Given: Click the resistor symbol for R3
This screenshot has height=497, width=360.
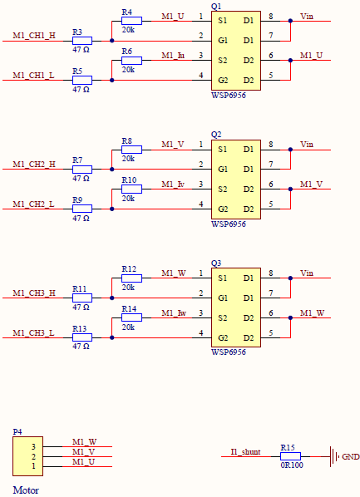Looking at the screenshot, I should pyautogui.click(x=81, y=40).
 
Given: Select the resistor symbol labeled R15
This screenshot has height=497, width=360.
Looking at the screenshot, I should pyautogui.click(x=289, y=456).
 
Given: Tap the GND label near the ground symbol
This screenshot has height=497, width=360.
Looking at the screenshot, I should pyautogui.click(x=351, y=456).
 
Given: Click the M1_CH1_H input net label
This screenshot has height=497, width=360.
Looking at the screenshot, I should pyautogui.click(x=35, y=36).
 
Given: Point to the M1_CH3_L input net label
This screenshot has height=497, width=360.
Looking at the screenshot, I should pyautogui.click(x=35, y=332).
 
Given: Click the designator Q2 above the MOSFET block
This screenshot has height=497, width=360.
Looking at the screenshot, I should pyautogui.click(x=216, y=134).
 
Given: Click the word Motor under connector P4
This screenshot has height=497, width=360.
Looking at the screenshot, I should pyautogui.click(x=26, y=490).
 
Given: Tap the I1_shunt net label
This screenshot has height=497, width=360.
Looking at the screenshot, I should pyautogui.click(x=245, y=451).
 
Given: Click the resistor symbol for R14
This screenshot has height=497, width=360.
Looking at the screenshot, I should pyautogui.click(x=131, y=318).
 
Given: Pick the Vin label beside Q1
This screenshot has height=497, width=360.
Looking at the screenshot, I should pyautogui.click(x=307, y=15).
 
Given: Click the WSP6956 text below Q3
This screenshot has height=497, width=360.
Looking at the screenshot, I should pyautogui.click(x=229, y=352).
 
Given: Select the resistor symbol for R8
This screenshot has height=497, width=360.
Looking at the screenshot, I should pyautogui.click(x=131, y=150).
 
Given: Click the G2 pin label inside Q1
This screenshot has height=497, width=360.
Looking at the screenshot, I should pyautogui.click(x=223, y=80).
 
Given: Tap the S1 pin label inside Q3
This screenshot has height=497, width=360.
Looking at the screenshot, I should pyautogui.click(x=223, y=278).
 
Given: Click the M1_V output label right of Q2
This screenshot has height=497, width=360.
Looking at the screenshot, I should pyautogui.click(x=312, y=184).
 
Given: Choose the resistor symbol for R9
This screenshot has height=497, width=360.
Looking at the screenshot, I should pyautogui.click(x=81, y=209).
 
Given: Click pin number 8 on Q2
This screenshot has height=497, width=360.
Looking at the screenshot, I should pyautogui.click(x=271, y=145).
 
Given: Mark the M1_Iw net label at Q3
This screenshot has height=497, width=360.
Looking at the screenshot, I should pyautogui.click(x=174, y=312).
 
